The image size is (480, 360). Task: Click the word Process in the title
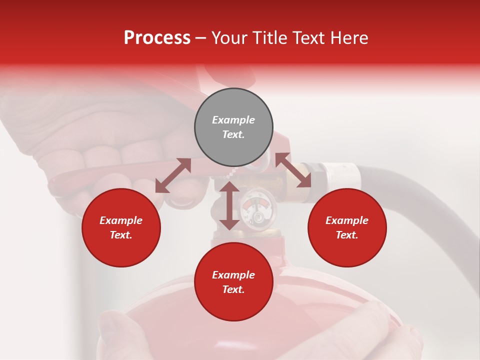click(x=157, y=38)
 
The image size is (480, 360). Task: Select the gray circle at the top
click(x=233, y=127)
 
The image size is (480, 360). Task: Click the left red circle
click(x=121, y=228)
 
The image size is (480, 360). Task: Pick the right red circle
click(x=347, y=228)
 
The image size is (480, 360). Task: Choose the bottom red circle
click(x=233, y=282)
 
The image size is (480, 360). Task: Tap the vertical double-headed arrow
click(x=229, y=205)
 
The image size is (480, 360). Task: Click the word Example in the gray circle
click(x=233, y=120)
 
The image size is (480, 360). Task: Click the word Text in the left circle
click(x=121, y=235)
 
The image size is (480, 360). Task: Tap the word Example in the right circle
click(x=347, y=220)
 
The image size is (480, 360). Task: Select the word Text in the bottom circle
click(x=233, y=289)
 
